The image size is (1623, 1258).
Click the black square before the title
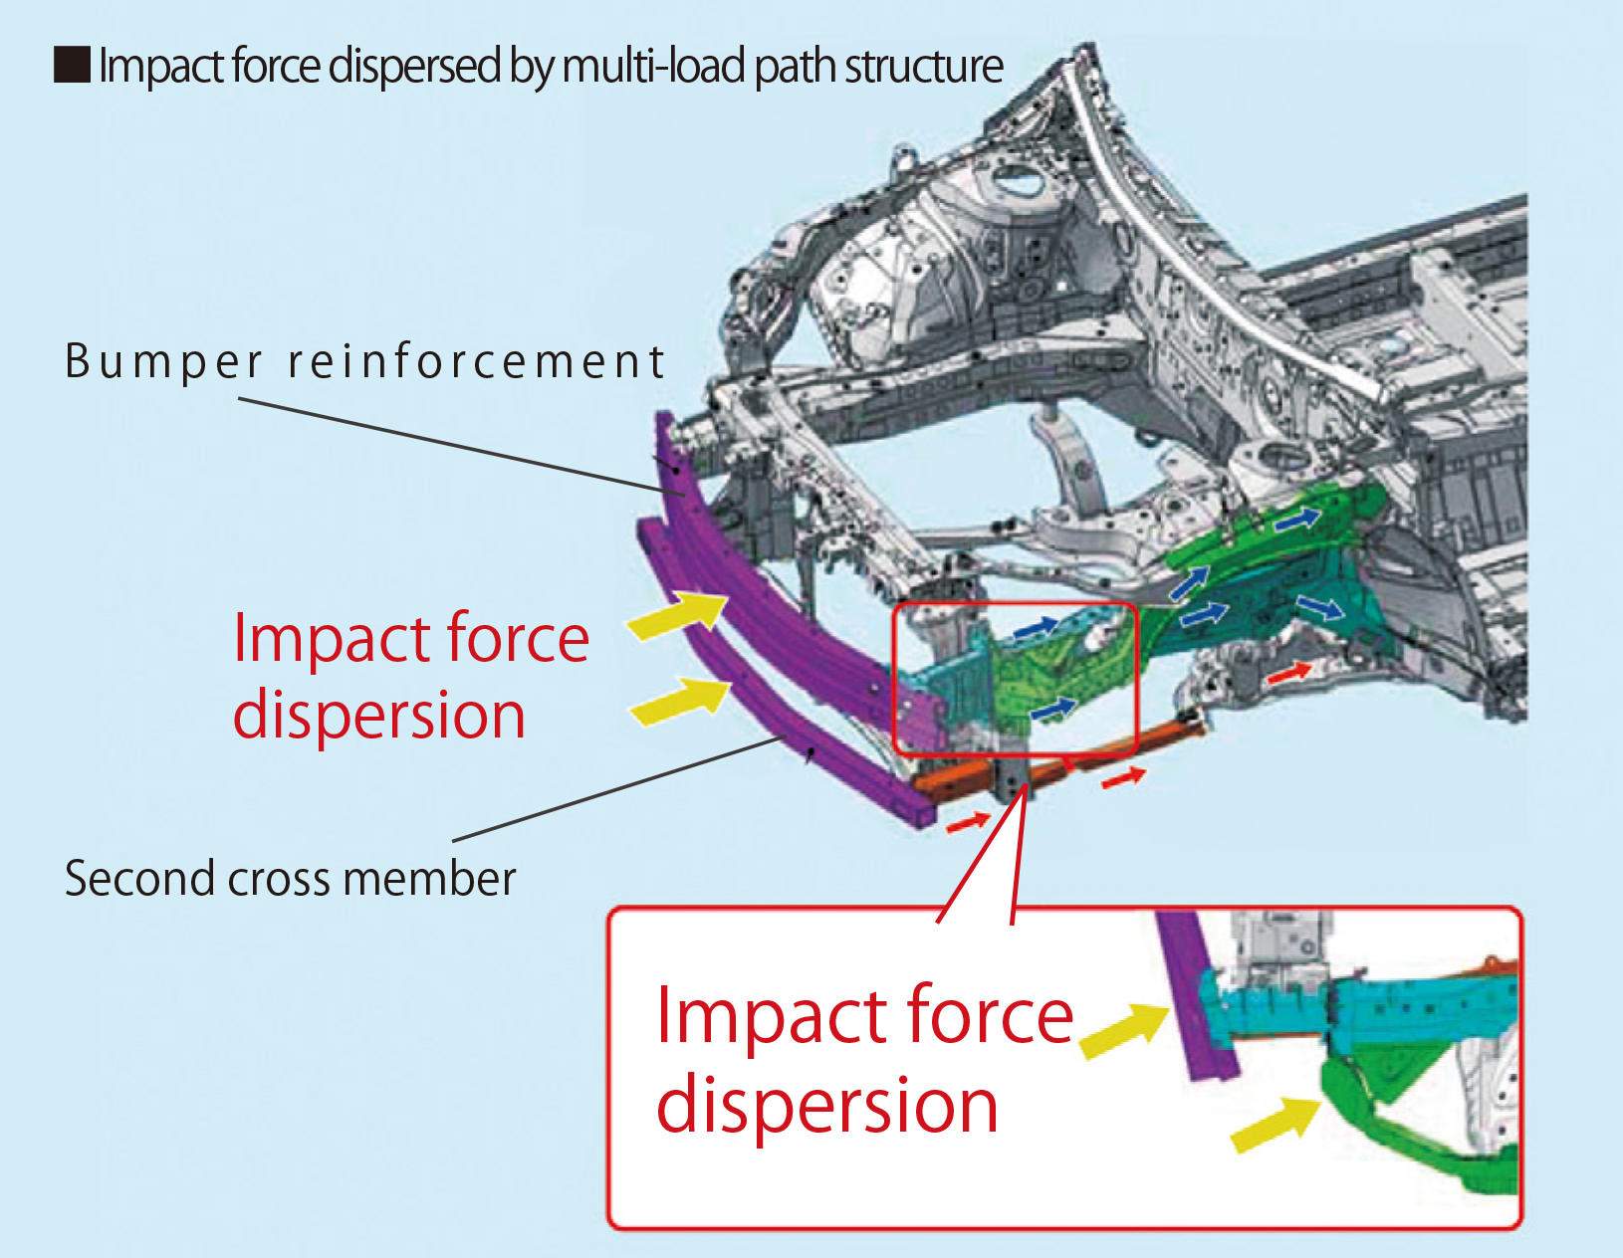pyautogui.click(x=72, y=66)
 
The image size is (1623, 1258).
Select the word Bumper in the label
pyautogui.click(x=164, y=362)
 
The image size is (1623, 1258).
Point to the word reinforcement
pyautogui.click(x=476, y=361)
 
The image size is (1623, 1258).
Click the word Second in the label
pyautogui.click(x=139, y=879)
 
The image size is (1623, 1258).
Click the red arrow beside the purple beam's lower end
pyautogui.click(x=967, y=822)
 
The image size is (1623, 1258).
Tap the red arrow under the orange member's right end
pyautogui.click(x=1123, y=777)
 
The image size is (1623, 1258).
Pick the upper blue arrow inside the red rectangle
pyautogui.click(x=1036, y=627)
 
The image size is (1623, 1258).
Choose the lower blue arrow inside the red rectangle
pyautogui.click(x=1053, y=709)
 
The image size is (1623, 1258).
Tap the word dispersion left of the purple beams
pyautogui.click(x=379, y=716)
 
